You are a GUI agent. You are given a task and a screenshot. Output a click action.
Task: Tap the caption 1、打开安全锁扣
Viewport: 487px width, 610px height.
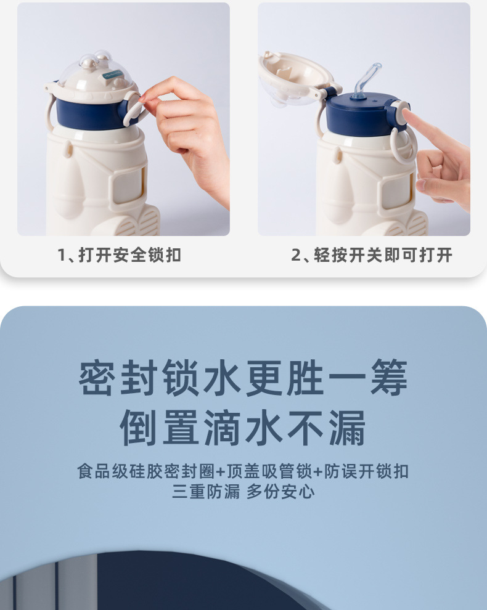(x=119, y=255)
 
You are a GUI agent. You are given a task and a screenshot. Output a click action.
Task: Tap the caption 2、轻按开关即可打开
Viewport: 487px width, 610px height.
(x=371, y=255)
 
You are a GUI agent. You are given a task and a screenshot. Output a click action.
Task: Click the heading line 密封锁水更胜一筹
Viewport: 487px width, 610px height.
(x=243, y=378)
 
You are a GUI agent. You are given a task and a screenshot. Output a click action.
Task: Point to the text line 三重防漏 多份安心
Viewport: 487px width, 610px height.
(x=243, y=492)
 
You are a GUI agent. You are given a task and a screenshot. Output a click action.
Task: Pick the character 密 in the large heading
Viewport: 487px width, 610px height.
(x=97, y=378)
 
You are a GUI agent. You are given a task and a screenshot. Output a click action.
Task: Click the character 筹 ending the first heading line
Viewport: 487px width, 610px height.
(x=389, y=378)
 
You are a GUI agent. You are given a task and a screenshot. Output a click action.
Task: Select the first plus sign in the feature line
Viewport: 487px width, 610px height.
(x=220, y=472)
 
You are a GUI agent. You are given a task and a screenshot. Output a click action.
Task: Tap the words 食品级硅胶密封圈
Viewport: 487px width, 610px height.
(x=146, y=471)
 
